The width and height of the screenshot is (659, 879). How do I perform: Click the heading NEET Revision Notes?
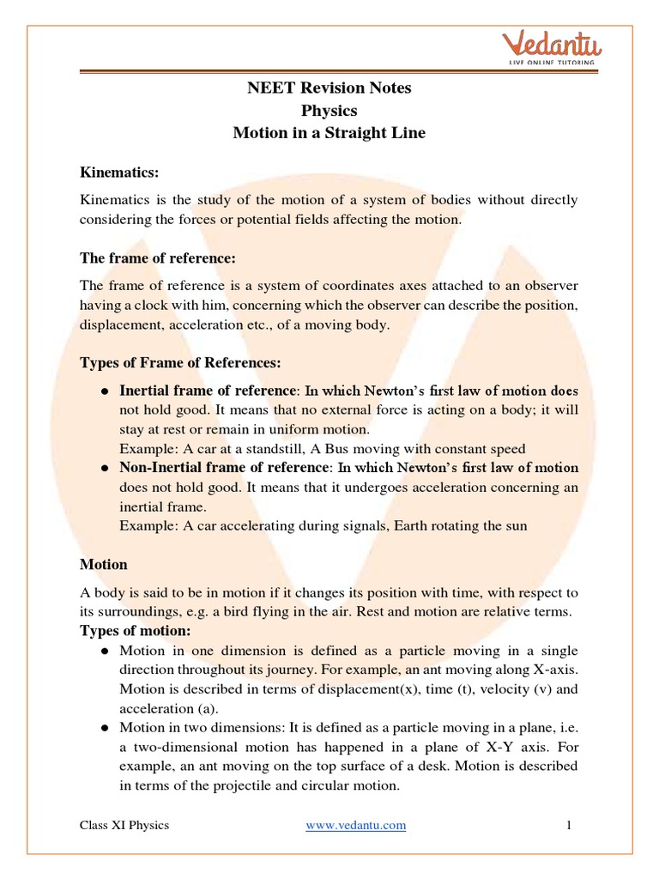(329, 88)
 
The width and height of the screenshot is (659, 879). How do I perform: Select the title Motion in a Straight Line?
(329, 133)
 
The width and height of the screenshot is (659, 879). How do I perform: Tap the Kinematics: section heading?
(119, 173)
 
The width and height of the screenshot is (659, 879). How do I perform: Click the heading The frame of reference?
(157, 258)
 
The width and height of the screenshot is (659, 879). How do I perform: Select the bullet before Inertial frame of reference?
(104, 391)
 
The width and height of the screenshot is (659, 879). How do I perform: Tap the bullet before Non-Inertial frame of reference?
(104, 469)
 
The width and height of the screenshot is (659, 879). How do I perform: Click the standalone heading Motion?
(104, 564)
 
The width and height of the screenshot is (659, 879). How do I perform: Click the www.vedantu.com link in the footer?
(356, 825)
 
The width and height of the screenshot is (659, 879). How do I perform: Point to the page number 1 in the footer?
(568, 825)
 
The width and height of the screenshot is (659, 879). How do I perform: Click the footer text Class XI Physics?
(124, 825)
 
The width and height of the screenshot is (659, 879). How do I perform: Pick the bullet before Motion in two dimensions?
(104, 727)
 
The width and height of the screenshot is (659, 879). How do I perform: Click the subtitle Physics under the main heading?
(329, 111)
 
